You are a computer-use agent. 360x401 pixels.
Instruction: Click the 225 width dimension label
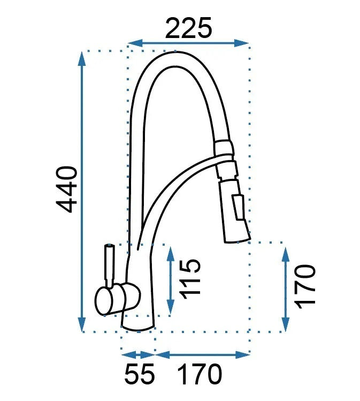click(x=189, y=28)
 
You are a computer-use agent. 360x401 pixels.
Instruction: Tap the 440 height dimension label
click(x=67, y=189)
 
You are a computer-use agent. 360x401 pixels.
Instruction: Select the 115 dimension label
click(x=189, y=279)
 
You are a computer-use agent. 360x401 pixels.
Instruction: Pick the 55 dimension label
click(x=140, y=373)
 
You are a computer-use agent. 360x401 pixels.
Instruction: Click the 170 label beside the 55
click(x=200, y=373)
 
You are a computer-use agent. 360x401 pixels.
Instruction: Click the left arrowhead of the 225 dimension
click(x=135, y=43)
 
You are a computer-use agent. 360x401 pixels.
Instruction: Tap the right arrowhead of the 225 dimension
click(x=241, y=43)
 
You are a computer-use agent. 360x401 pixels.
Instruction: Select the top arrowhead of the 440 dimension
click(x=82, y=58)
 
